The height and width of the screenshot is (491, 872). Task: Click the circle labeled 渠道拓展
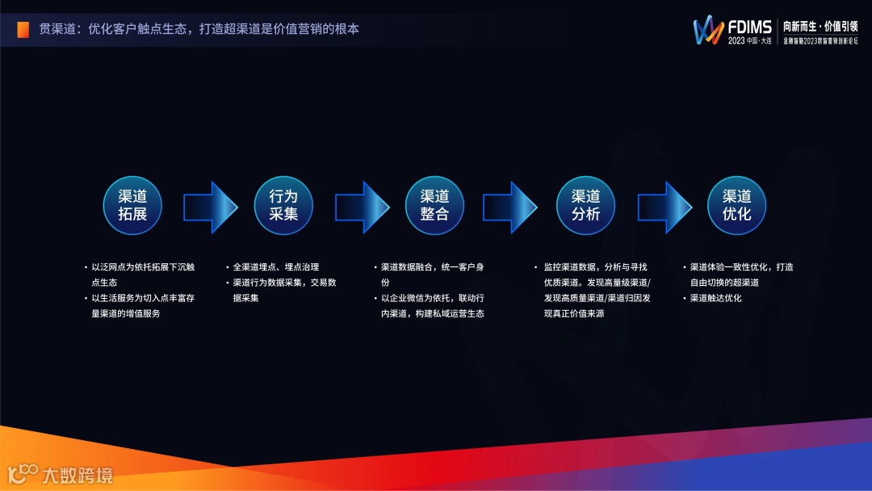click(x=132, y=205)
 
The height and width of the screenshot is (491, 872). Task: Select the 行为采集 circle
click(x=283, y=205)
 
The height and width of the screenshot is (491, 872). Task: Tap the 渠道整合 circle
click(x=434, y=205)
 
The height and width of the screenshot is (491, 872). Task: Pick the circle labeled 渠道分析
click(x=585, y=205)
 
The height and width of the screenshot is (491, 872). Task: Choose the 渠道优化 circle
click(x=736, y=205)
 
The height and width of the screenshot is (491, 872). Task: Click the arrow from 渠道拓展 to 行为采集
click(x=210, y=208)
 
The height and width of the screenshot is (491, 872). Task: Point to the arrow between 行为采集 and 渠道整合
click(x=361, y=208)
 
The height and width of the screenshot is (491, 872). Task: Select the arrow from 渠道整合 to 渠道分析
click(x=509, y=208)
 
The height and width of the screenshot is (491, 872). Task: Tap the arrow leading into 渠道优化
click(x=664, y=208)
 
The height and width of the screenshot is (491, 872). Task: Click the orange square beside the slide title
click(x=23, y=30)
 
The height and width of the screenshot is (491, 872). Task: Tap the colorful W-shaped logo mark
click(x=708, y=30)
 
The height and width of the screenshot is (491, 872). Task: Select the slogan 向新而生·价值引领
click(x=820, y=26)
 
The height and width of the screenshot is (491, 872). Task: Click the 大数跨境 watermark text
click(x=77, y=475)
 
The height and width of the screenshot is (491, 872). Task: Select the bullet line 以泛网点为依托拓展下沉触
click(x=142, y=267)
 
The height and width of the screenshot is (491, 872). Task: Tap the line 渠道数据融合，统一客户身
click(x=432, y=267)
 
